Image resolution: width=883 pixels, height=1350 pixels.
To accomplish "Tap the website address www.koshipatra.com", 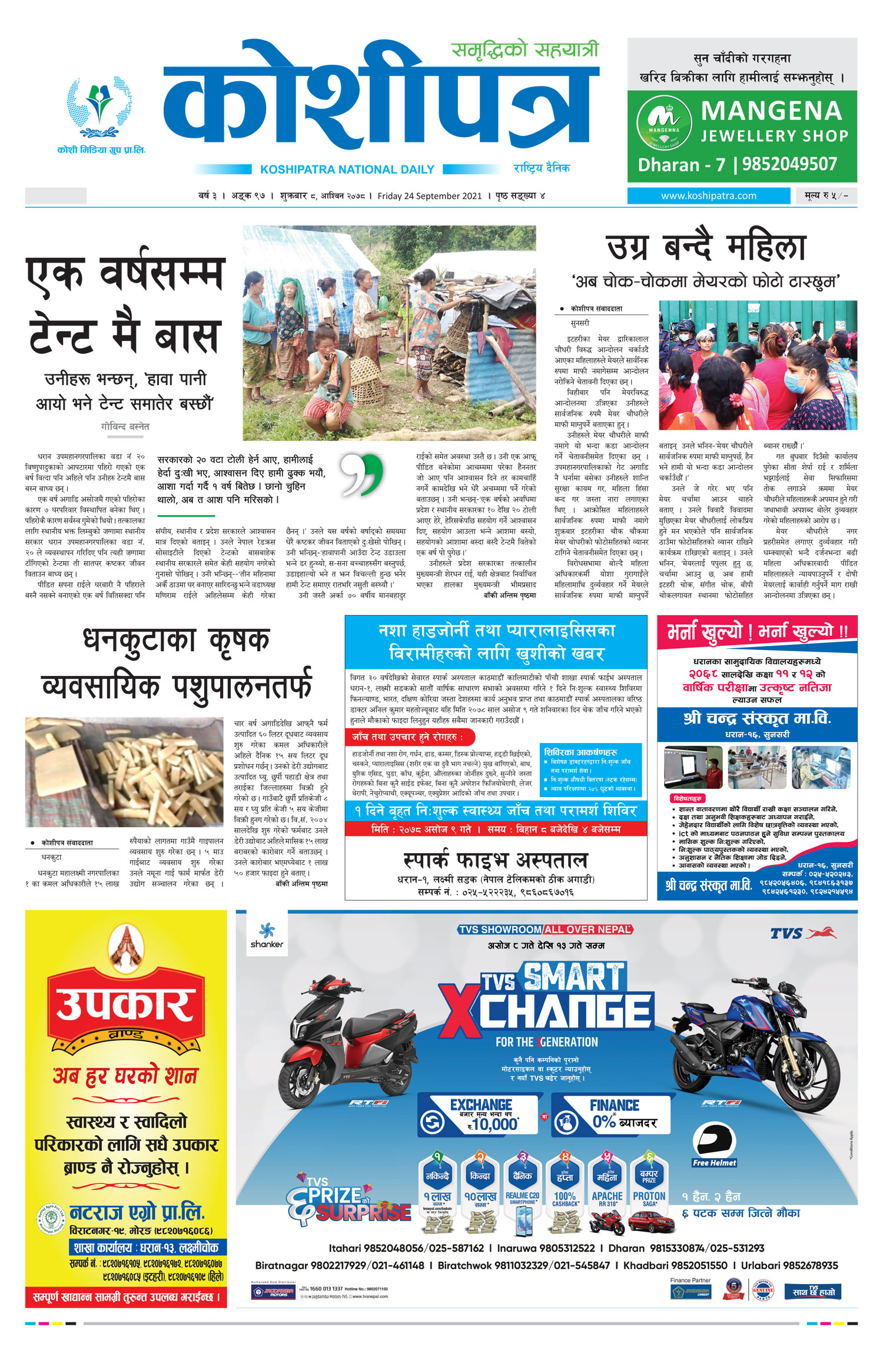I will [x=708, y=196].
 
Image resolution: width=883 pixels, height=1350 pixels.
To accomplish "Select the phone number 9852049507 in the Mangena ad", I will [x=789, y=164].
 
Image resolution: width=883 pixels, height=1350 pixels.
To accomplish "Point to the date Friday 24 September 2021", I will [x=429, y=196].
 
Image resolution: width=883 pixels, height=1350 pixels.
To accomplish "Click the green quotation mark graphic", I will [x=362, y=475].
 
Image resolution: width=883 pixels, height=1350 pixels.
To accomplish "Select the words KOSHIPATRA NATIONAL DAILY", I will [x=347, y=170].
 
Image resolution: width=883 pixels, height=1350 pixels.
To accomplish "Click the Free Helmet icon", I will [x=714, y=1145].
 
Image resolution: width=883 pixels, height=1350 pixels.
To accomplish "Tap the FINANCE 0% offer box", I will [x=612, y=1115].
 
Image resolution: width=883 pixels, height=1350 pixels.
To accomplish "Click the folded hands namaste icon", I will [x=125, y=946].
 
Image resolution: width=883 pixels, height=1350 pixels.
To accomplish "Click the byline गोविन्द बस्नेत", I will [x=125, y=426].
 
